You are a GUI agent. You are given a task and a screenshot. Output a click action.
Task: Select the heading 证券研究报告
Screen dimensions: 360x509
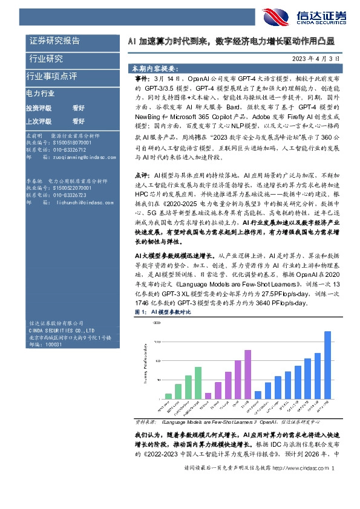coord(54,41)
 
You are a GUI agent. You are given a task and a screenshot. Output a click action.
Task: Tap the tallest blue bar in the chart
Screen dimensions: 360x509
coord(327,365)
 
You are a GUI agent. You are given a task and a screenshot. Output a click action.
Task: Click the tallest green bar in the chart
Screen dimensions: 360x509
coord(198,383)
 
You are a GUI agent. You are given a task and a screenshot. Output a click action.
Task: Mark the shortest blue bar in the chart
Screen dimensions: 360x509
coord(258,395)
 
